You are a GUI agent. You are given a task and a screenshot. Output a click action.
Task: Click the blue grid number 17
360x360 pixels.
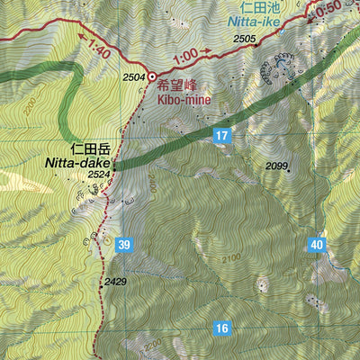[x=223, y=136]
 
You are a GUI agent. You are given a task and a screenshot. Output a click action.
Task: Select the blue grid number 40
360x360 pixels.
[x=316, y=244]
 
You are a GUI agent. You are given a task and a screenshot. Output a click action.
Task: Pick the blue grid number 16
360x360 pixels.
[x=223, y=328]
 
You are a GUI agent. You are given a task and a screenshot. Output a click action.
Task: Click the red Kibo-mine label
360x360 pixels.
[x=184, y=101]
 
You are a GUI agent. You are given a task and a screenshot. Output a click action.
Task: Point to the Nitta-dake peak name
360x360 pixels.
[x=76, y=163]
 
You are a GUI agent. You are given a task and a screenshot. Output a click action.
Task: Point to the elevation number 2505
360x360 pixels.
[x=245, y=39]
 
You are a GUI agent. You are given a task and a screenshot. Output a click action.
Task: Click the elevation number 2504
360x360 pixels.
[x=134, y=78]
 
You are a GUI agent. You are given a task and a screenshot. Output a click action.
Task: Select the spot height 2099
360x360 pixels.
[x=276, y=166]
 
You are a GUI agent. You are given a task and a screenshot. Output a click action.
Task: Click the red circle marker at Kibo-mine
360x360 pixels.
[x=151, y=76]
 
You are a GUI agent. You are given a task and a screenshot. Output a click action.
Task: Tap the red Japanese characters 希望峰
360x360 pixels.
[x=176, y=87]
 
